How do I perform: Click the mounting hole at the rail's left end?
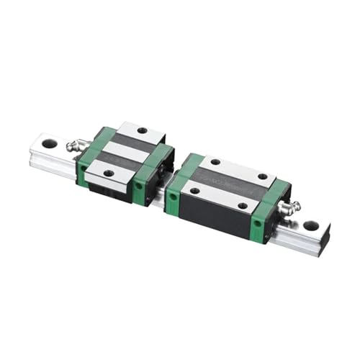(x=49, y=143)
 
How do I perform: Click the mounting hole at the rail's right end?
(x=311, y=225)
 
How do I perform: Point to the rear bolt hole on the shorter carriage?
(x=142, y=130)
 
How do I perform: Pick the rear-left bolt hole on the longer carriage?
(x=215, y=161)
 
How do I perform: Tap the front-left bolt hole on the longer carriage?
(x=194, y=191)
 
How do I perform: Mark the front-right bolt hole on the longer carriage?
(x=243, y=206)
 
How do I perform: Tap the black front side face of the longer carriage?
(x=216, y=216)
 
